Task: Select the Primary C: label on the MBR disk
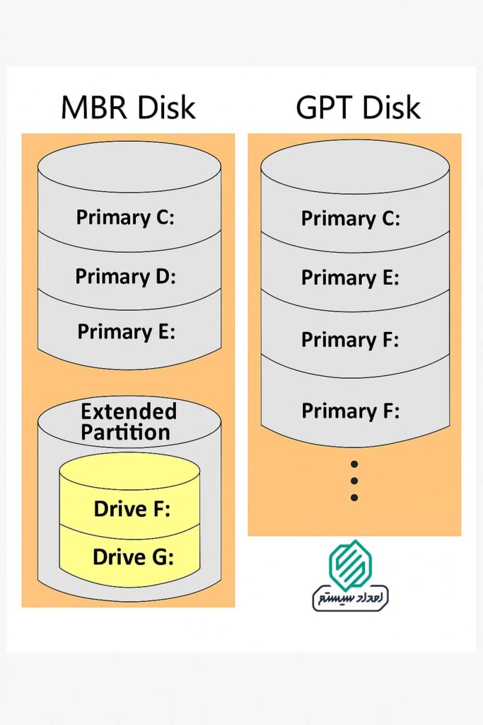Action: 125,217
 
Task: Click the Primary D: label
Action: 125,275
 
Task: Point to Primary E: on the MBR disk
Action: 126,331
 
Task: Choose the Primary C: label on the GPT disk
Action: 350,218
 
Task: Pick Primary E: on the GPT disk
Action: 350,278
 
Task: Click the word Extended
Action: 129,411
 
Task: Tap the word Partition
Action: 126,432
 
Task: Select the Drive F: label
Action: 132,508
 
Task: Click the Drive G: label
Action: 133,557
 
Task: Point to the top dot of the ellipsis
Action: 354,464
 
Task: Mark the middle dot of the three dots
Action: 354,481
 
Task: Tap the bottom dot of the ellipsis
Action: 354,498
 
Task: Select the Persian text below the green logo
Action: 351,598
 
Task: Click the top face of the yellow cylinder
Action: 129,471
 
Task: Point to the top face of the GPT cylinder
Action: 355,167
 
